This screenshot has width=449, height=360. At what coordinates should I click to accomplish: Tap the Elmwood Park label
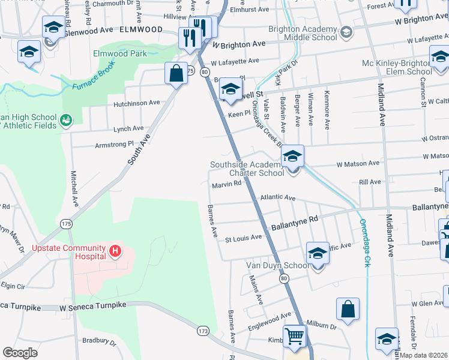pos(120,53)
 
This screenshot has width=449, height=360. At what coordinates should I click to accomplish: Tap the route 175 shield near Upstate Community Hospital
pos(66,223)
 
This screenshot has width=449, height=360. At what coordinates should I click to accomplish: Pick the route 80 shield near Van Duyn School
pos(284,278)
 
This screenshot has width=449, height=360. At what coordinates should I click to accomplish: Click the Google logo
pos(19,353)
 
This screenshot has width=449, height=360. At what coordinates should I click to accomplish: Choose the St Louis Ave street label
pos(243,237)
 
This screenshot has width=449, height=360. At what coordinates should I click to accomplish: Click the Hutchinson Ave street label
pos(137,103)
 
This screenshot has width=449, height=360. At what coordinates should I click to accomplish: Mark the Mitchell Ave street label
pos(74,186)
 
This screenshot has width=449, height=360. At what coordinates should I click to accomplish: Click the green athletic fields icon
pos(66,121)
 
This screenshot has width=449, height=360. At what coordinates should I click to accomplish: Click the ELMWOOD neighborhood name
pos(141,29)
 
